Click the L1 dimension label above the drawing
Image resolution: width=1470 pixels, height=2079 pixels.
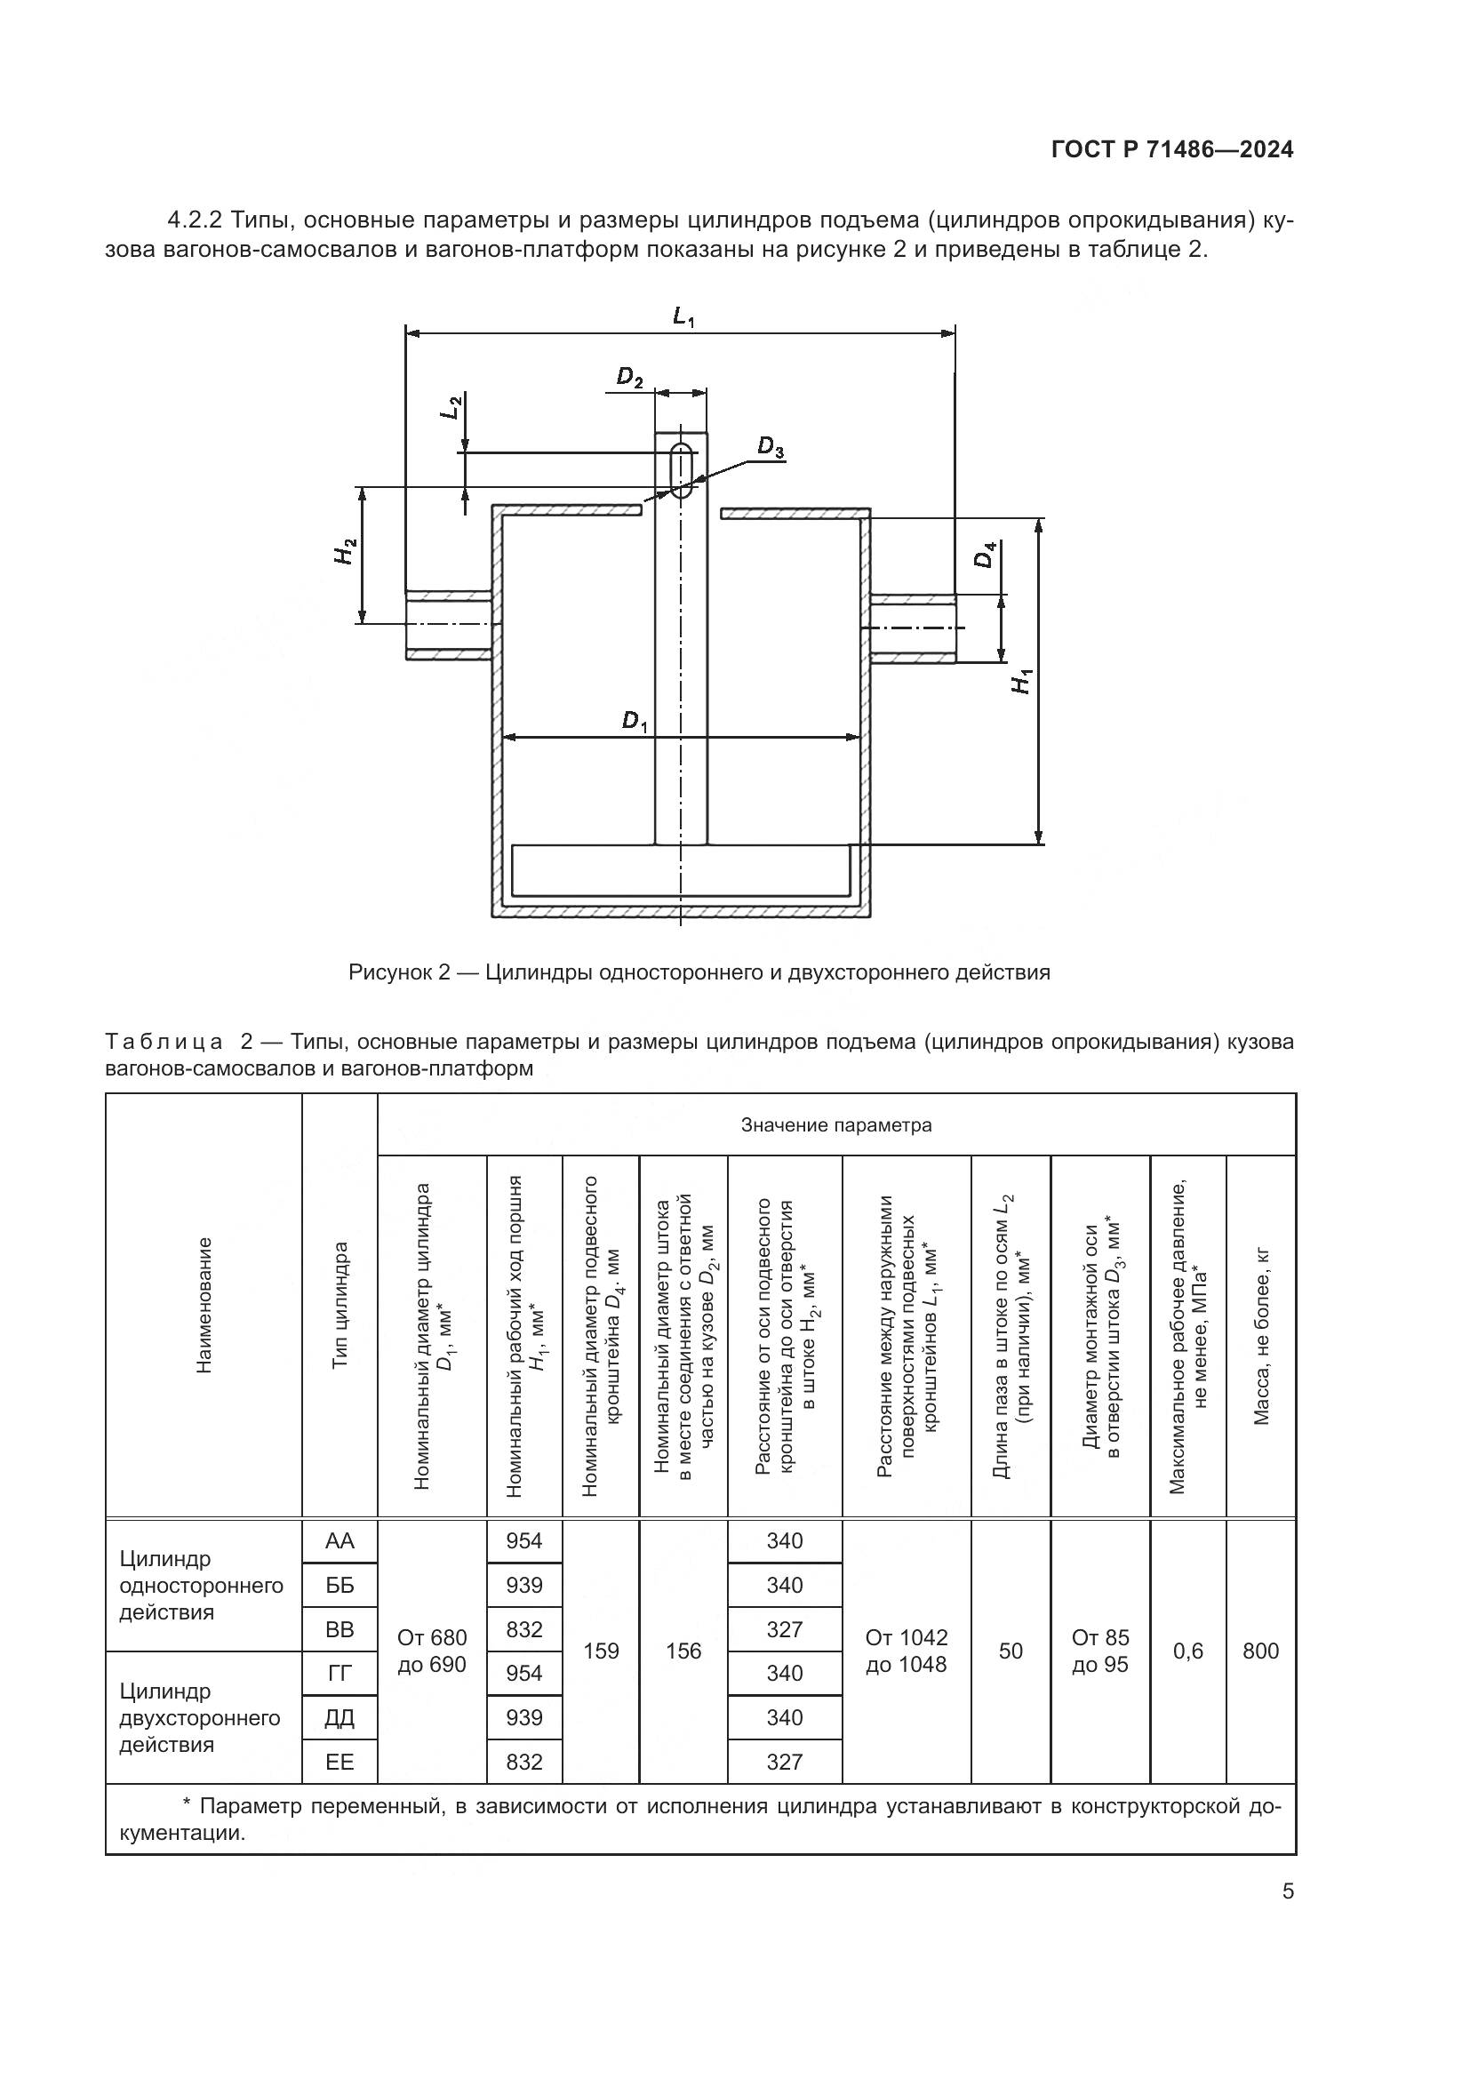pos(683,317)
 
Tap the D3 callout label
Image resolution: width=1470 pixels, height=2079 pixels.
pos(771,447)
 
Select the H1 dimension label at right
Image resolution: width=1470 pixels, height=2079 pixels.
pos(1021,681)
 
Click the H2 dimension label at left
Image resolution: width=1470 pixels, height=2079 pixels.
pos(346,551)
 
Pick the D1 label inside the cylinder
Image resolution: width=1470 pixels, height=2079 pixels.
pos(635,722)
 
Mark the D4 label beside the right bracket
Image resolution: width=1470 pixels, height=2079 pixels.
pos(985,554)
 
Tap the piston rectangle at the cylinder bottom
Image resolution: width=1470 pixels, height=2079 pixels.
pos(681,871)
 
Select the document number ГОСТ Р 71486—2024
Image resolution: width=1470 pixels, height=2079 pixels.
pos(1172,150)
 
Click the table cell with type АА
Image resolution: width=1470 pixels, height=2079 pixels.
pos(340,1540)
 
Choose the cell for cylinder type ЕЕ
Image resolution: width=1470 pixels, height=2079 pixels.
pos(340,1761)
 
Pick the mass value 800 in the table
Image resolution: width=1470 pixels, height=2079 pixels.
pos(1260,1651)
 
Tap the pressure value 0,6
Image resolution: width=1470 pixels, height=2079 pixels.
pos(1187,1651)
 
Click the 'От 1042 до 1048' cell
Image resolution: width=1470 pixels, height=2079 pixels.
pos(906,1651)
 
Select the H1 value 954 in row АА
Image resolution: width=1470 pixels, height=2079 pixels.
pos(524,1540)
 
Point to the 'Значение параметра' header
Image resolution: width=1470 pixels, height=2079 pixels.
pos(835,1125)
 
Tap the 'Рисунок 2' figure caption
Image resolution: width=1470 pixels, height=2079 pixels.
pos(699,972)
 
